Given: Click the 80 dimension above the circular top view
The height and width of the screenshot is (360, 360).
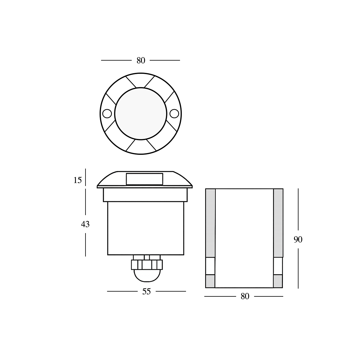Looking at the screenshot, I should point(141,61).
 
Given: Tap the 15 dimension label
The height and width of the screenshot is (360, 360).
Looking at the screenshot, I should point(77,180).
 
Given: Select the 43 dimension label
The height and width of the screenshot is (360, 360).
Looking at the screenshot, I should point(85,224).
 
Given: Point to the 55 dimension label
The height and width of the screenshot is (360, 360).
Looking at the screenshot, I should point(146,291).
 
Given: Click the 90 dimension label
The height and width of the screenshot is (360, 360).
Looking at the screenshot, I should point(298,240).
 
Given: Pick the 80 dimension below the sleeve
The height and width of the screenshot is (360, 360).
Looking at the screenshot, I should point(245,296).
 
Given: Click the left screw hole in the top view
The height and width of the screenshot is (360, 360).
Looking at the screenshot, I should point(106,113).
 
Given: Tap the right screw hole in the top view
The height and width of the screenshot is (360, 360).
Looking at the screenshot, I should point(174,113).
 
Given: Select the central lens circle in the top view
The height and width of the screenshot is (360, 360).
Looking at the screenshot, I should point(140,113).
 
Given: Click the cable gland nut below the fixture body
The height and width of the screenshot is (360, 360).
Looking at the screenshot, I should point(147,264).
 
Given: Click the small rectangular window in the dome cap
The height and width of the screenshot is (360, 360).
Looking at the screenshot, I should point(145,179).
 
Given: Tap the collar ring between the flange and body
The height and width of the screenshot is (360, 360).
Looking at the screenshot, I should point(145,195).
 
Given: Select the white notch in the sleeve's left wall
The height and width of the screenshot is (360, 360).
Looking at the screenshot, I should point(210,266).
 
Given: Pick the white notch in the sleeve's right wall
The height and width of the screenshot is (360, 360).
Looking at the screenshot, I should point(278,266).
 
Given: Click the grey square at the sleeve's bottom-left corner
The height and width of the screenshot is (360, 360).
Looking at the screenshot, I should point(210,281).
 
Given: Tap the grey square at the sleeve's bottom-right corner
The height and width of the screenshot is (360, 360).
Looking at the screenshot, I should point(278,281).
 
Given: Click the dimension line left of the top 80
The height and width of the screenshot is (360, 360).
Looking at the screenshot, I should point(116,60).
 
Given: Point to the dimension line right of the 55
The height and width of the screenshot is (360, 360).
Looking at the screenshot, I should point(171,291).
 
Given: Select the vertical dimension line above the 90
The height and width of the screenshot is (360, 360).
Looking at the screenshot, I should point(298,210).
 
